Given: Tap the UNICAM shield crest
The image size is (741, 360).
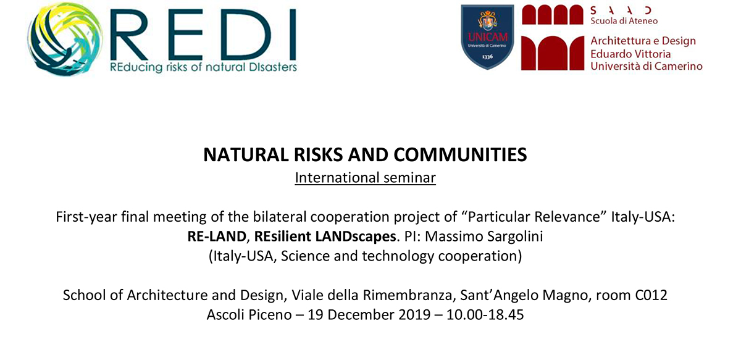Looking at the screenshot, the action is [x=487, y=37].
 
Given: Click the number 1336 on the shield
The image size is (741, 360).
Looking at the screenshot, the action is [x=487, y=57].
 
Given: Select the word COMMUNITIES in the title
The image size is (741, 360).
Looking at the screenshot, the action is [x=460, y=154].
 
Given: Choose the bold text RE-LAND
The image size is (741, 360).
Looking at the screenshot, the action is [x=217, y=237].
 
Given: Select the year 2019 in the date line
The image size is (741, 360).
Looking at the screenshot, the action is [x=414, y=315].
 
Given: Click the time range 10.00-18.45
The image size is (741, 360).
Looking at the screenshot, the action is [x=485, y=315].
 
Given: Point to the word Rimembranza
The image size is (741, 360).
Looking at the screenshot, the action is [x=407, y=295].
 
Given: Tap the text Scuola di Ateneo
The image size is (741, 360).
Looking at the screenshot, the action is [x=624, y=21].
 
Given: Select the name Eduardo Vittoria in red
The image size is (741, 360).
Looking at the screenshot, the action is [x=630, y=54].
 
